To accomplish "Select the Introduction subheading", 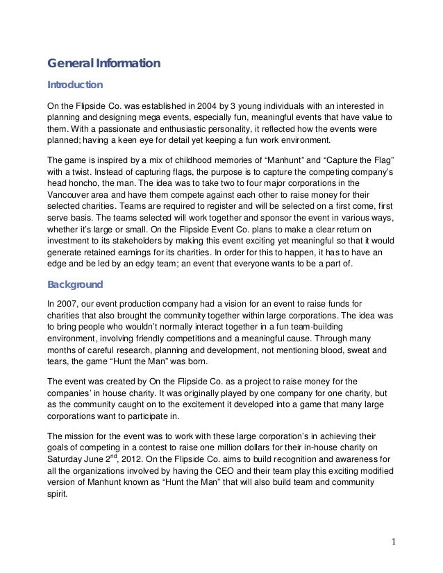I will coord(74,86).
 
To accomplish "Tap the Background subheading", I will coord(74,284).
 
